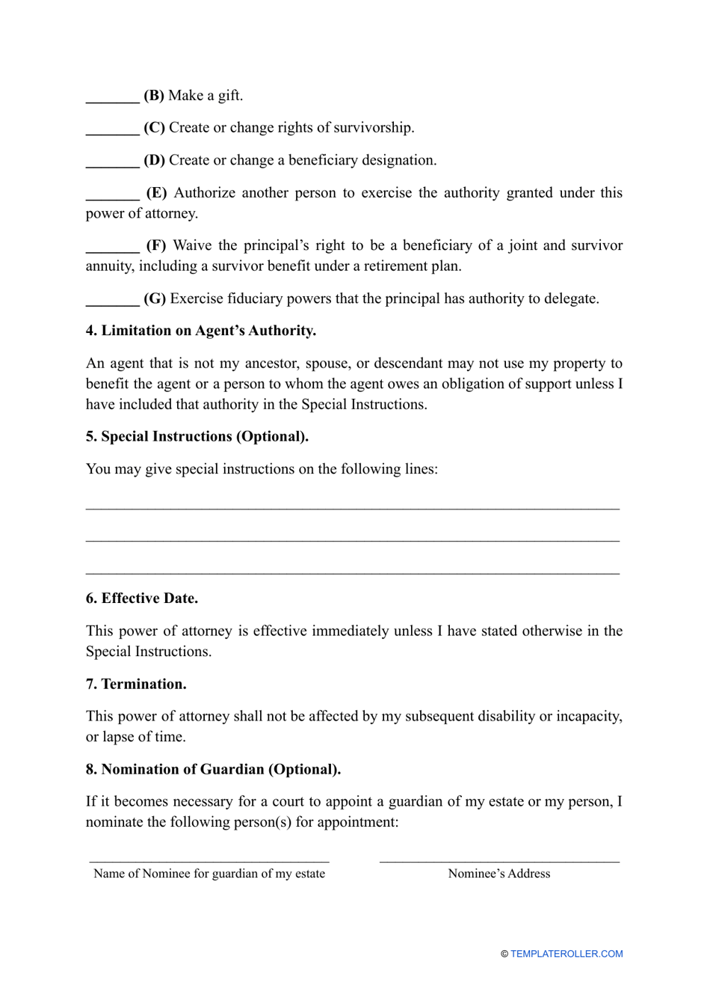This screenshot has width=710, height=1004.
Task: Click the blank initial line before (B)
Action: (112, 100)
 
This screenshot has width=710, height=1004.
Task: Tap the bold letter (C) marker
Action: (154, 128)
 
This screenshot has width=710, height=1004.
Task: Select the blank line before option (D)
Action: (112, 165)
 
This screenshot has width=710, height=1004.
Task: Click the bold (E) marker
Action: (156, 193)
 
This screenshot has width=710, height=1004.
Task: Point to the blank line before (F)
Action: (112, 251)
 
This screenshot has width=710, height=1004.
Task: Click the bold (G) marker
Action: (155, 299)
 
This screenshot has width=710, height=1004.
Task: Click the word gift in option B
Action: (228, 96)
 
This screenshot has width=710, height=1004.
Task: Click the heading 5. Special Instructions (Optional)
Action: (197, 437)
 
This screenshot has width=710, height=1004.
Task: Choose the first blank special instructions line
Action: (353, 508)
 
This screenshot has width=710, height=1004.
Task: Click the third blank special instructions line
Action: (353, 573)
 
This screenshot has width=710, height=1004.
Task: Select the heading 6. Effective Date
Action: (141, 599)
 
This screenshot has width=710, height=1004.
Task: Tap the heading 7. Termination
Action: (136, 685)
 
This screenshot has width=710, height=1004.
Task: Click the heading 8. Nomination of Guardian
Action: (213, 770)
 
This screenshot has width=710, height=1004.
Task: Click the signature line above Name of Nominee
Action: (209, 861)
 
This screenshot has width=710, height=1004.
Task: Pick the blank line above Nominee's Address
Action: (499, 861)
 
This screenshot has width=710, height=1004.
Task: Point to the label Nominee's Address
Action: (499, 874)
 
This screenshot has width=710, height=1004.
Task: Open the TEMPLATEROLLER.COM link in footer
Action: (566, 954)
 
